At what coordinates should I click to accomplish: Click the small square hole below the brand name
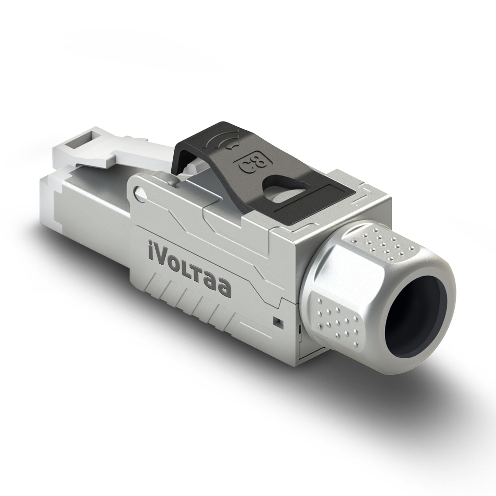[x=277, y=321]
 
